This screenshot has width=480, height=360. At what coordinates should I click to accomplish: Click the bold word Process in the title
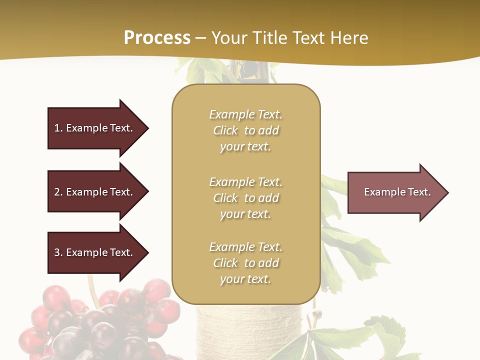pyautogui.click(x=157, y=38)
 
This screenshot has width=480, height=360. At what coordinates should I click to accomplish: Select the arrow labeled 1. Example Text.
pyautogui.click(x=93, y=128)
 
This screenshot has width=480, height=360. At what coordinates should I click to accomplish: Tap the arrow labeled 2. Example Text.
pyautogui.click(x=93, y=192)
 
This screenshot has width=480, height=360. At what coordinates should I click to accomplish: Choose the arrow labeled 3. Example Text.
pyautogui.click(x=93, y=252)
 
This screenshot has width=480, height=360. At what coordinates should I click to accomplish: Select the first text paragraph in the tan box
pyautogui.click(x=245, y=130)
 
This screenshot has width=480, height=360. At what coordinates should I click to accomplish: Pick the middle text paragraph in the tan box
pyautogui.click(x=245, y=198)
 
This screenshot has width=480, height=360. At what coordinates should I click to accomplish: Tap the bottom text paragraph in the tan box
pyautogui.click(x=245, y=263)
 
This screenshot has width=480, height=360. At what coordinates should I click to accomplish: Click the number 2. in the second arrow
pyautogui.click(x=58, y=192)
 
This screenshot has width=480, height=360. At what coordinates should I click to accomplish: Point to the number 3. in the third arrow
pyautogui.click(x=58, y=252)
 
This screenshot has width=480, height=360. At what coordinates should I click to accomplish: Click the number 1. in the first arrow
pyautogui.click(x=58, y=128)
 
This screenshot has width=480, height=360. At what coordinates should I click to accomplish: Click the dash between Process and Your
pyautogui.click(x=200, y=38)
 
